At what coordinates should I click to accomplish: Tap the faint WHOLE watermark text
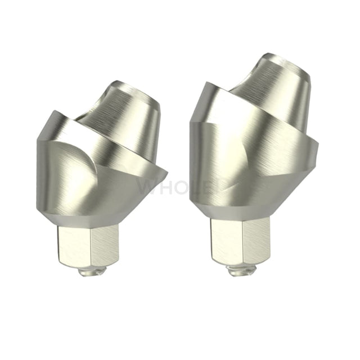click(180, 186)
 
